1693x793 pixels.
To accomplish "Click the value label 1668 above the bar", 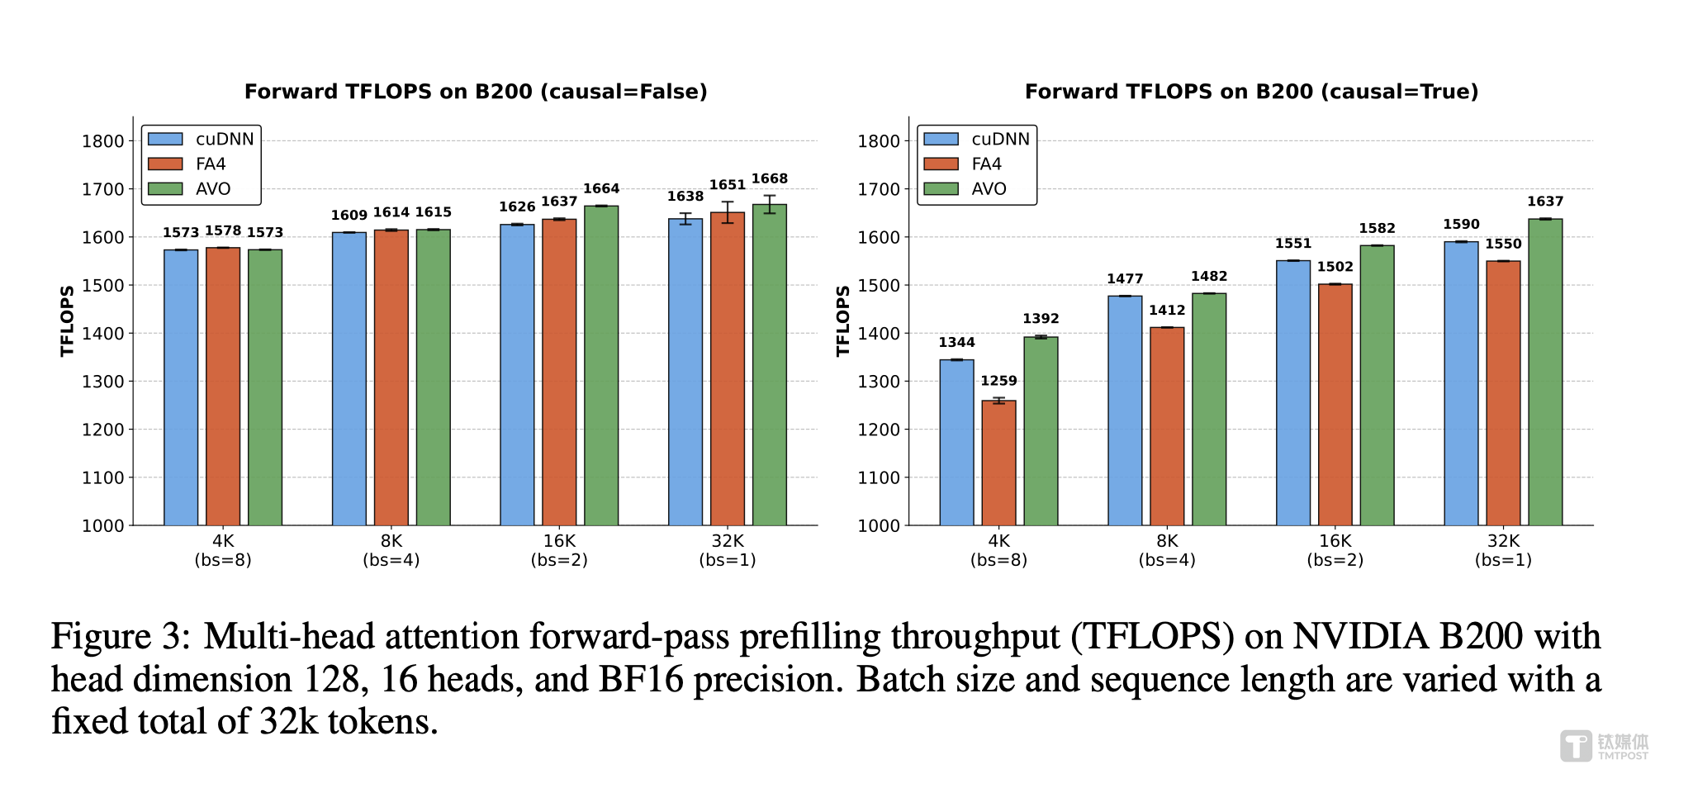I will (769, 178).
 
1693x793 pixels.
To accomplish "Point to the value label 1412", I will (1167, 310).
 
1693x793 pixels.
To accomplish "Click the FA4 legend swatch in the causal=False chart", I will (165, 164).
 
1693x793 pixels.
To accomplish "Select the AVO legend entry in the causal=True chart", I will (988, 189).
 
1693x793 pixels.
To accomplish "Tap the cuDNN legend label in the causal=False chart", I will (225, 139).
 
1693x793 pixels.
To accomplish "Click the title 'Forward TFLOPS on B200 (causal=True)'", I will (1251, 92).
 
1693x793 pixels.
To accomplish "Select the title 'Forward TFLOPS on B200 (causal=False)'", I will (476, 92).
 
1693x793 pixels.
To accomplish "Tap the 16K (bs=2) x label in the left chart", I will (559, 550).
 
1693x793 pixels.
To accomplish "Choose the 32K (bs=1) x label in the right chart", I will (1503, 550).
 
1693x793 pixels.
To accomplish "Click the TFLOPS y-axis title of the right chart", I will (843, 321).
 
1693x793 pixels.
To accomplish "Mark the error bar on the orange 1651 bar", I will (727, 212).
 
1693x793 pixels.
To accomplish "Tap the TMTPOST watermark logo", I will (1603, 746).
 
